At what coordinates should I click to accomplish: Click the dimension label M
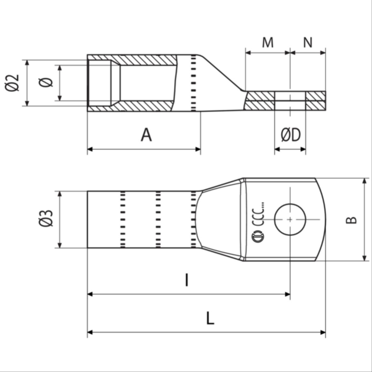pos(268,42)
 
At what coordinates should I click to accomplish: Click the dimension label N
pos(308,42)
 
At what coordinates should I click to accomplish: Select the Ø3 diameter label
pos(46,218)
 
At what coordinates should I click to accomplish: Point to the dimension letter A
pos(146,134)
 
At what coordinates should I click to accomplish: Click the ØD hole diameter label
pos(291,135)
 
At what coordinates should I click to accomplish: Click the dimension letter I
pos(187,280)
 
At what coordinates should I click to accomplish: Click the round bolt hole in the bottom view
pos(290,220)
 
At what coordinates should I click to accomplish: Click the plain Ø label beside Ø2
pos(46,82)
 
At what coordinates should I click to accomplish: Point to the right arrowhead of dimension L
pos(323,332)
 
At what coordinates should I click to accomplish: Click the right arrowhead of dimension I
pos(287,294)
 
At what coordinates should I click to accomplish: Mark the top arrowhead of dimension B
pos(365,181)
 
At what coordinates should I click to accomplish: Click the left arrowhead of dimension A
pos(90,149)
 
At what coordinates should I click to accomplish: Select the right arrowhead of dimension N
pos(323,52)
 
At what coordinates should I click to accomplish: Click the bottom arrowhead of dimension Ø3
pos(60,245)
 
